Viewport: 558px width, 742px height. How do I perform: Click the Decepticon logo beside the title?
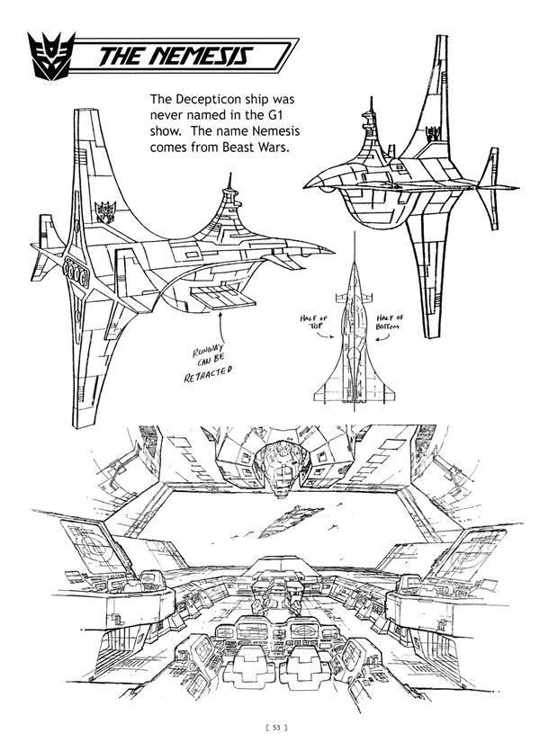point(49,56)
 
